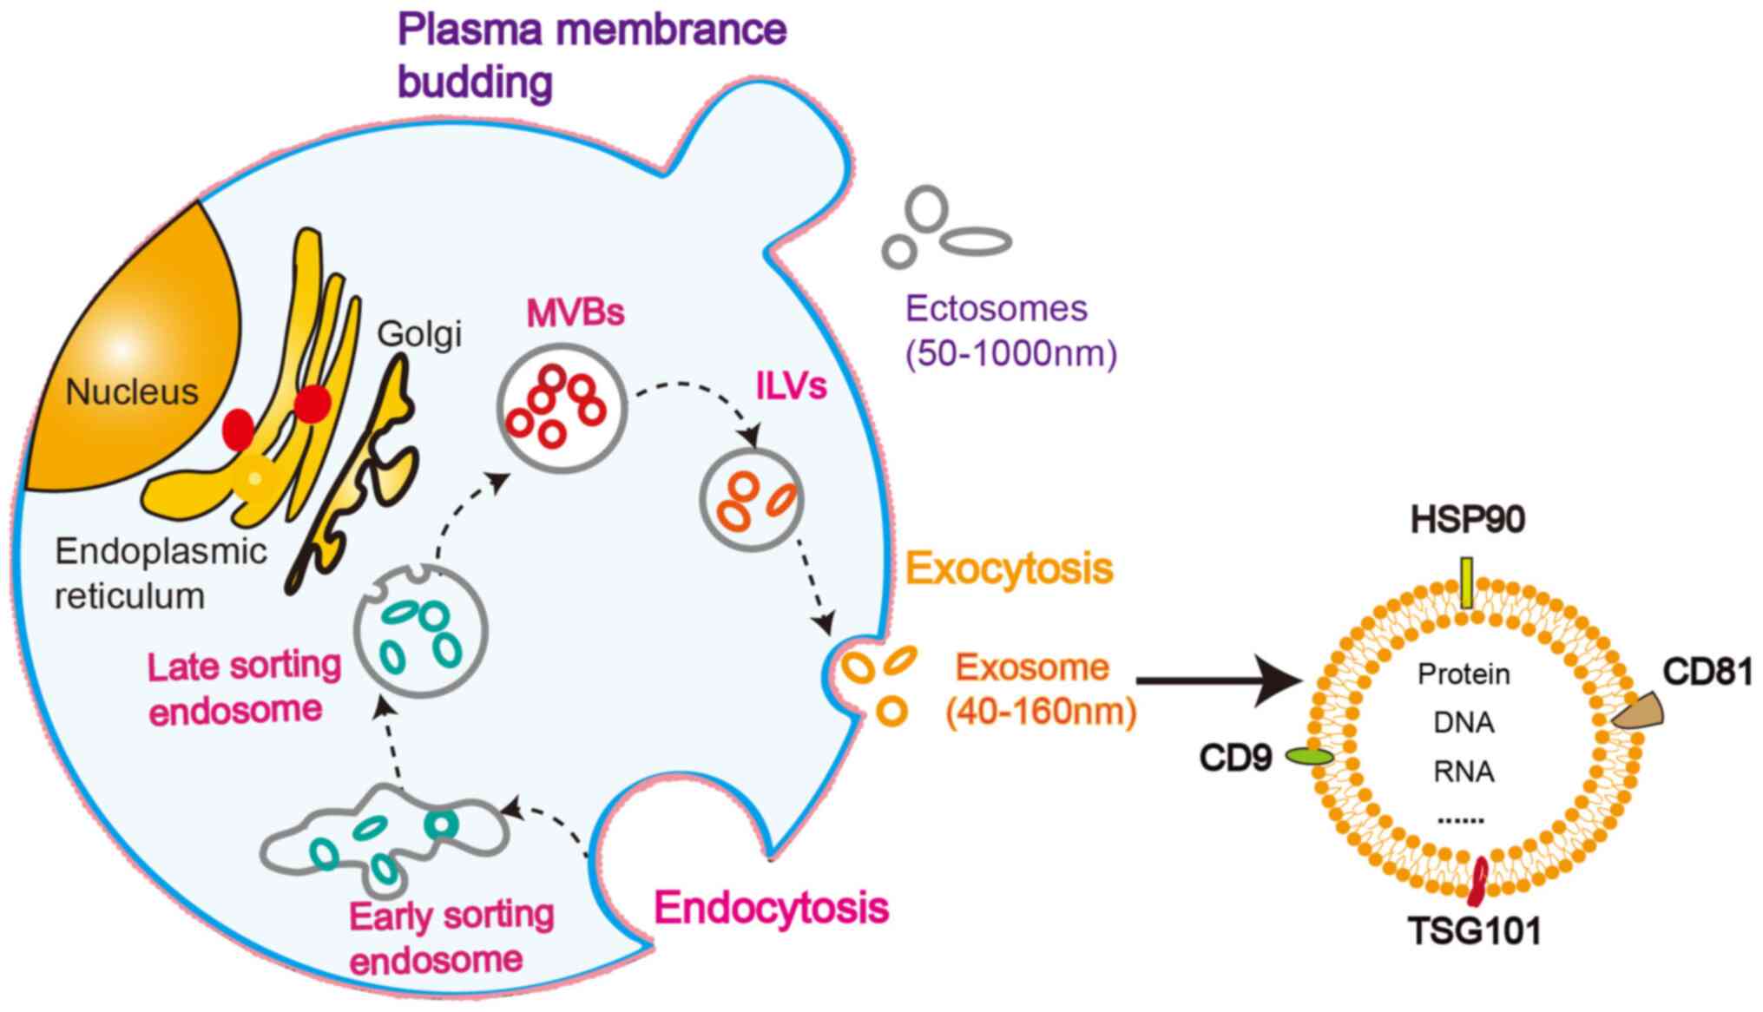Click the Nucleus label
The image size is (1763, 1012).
132,392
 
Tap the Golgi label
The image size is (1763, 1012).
419,335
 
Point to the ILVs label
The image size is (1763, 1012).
791,387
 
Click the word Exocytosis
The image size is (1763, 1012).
1009,569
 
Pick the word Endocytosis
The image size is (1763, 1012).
772,908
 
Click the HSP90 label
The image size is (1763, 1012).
1467,520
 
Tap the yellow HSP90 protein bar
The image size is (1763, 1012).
1467,583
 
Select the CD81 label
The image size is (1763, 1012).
1707,673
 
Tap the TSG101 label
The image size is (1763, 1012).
1475,932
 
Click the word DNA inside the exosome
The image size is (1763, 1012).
1464,723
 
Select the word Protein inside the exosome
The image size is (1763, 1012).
1464,674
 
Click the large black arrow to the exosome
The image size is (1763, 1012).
1220,681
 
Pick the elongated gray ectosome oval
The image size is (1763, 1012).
977,241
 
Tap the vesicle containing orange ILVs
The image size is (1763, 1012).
752,501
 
